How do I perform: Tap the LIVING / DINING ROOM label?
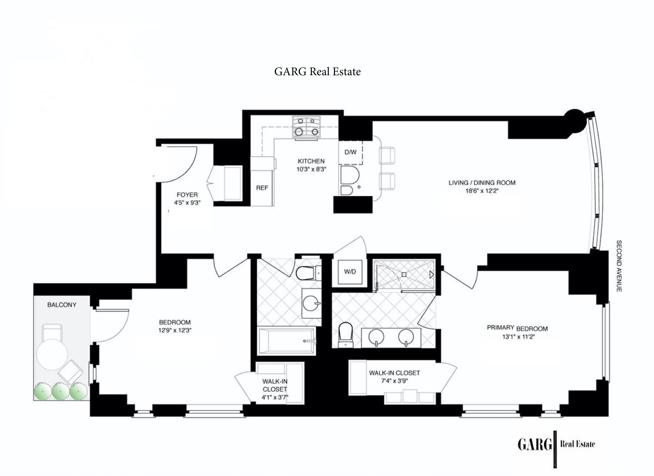482,183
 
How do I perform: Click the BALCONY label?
62,305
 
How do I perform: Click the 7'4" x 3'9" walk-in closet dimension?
394,381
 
